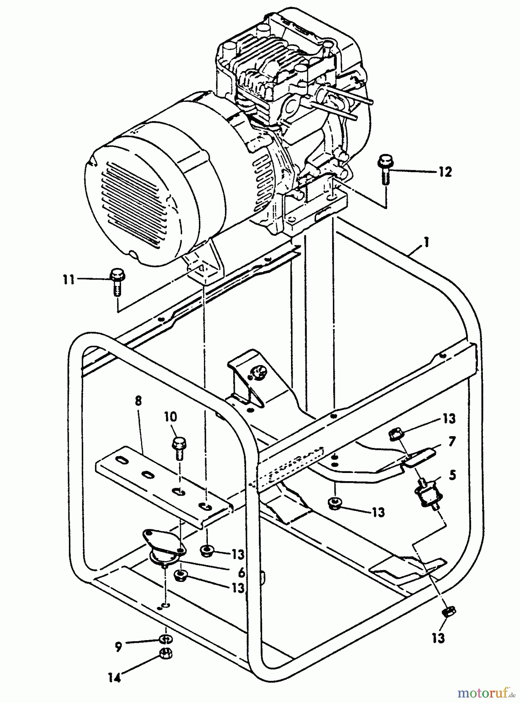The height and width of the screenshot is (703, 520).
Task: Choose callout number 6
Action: (241, 573)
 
